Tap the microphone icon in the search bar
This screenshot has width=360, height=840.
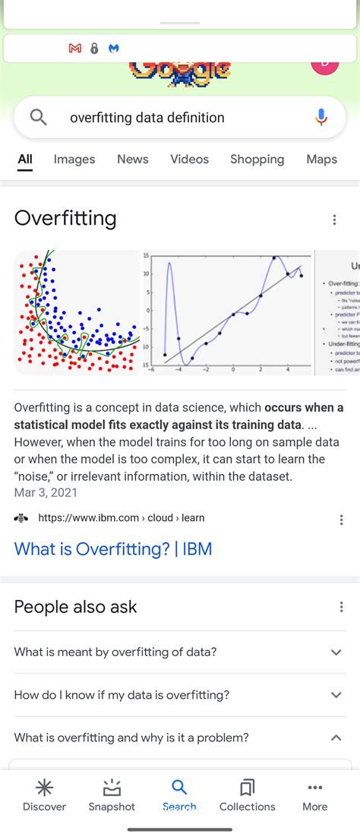[321, 117]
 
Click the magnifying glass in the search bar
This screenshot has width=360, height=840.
[38, 117]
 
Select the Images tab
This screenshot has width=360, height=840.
[74, 159]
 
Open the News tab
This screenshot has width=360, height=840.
[133, 159]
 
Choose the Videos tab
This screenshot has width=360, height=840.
[189, 159]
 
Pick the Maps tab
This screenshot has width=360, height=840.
[321, 159]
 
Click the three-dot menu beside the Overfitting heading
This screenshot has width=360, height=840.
[334, 219]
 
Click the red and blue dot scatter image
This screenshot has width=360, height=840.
[77, 311]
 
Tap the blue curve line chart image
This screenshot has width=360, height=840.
[228, 311]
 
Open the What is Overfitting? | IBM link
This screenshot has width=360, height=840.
[113, 549]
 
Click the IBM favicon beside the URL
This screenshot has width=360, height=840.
[21, 518]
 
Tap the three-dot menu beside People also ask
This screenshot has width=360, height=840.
[341, 607]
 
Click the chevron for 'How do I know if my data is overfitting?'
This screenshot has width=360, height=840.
[336, 695]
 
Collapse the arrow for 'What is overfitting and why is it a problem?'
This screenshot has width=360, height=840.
[336, 737]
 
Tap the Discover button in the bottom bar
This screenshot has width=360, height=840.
[44, 794]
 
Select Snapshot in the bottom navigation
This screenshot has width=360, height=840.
[112, 794]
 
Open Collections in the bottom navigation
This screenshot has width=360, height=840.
[247, 794]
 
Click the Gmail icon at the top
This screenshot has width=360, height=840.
[74, 48]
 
